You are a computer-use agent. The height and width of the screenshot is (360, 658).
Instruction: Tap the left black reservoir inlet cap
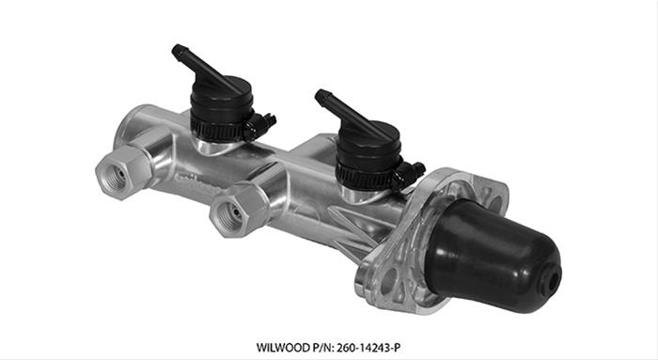coord(220,96)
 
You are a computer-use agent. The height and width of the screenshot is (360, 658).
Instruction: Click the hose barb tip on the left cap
coord(176,50)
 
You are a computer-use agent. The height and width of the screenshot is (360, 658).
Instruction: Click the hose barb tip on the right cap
coord(321,94)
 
